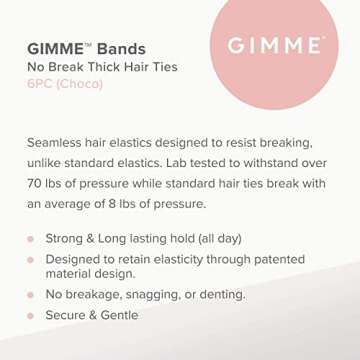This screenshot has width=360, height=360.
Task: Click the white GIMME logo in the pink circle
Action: pos(274,46)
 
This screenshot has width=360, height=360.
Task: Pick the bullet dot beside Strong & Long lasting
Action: pos(31,239)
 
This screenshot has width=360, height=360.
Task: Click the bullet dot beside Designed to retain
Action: pos(31,259)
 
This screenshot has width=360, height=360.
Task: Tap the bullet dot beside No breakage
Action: pos(31,295)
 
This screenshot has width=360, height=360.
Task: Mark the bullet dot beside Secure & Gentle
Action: pos(31,315)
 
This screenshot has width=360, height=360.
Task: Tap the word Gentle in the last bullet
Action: pos(117,315)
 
